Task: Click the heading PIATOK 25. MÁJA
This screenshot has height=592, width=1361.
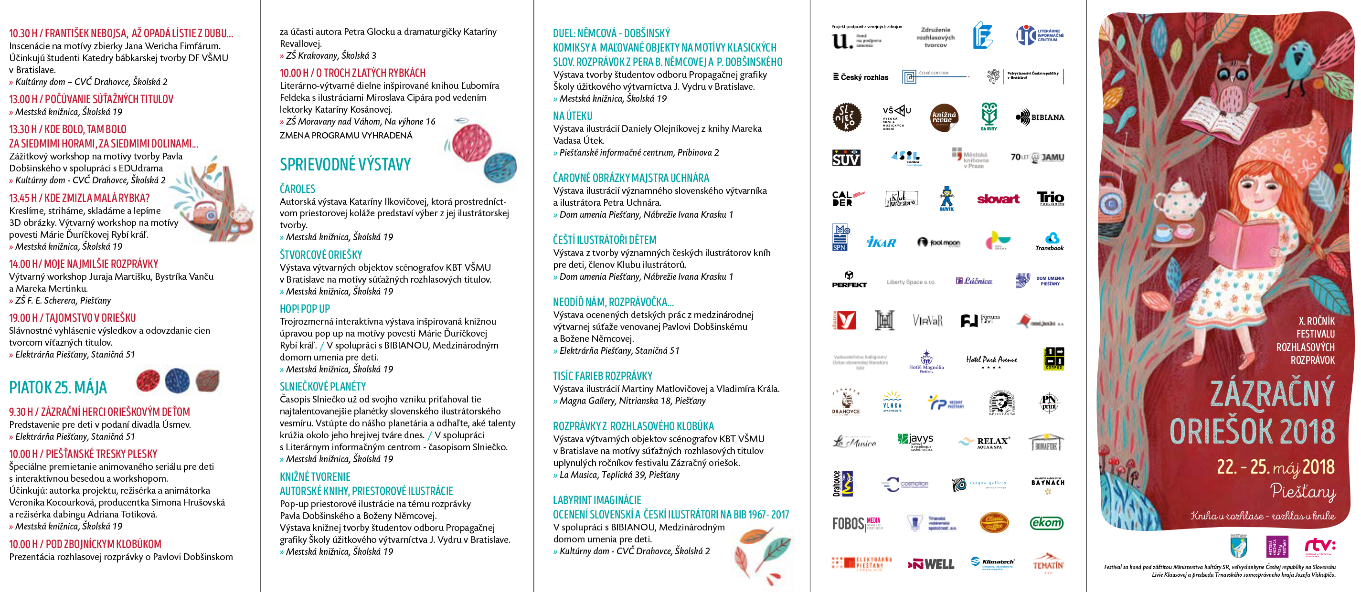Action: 58,388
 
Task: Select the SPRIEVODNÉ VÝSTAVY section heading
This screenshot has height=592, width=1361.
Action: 345,165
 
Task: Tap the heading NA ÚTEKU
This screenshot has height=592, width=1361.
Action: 572,116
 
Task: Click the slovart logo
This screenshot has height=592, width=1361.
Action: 998,199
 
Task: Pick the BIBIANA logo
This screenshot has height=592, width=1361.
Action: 1040,117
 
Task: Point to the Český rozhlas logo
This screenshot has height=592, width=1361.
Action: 860,77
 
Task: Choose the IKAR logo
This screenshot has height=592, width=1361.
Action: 881,243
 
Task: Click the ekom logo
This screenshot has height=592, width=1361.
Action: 1046,523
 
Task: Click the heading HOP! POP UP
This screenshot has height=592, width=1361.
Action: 304,309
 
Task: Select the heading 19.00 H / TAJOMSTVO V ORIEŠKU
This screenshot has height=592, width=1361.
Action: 73,318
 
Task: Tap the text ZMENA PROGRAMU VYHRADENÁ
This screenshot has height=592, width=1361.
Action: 346,136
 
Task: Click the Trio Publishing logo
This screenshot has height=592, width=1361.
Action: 1050,199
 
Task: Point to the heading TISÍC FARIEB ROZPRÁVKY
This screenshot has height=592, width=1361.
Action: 602,376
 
